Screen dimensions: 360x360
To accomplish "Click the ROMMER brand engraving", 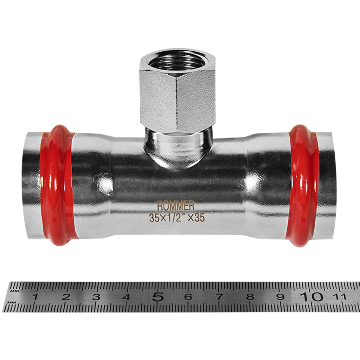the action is (x=176, y=206).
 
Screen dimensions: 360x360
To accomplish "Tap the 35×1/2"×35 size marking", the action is (x=177, y=217).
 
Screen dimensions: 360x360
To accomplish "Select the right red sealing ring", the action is (x=304, y=186).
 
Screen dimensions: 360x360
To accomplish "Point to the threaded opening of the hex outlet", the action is (x=178, y=62).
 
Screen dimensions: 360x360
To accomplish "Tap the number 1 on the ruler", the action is (x=35, y=297).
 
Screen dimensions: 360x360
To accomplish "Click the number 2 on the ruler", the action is (x=66, y=297).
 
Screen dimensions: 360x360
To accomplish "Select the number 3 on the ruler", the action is (x=96, y=297).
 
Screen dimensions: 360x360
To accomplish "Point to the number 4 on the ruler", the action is (x=127, y=297).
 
